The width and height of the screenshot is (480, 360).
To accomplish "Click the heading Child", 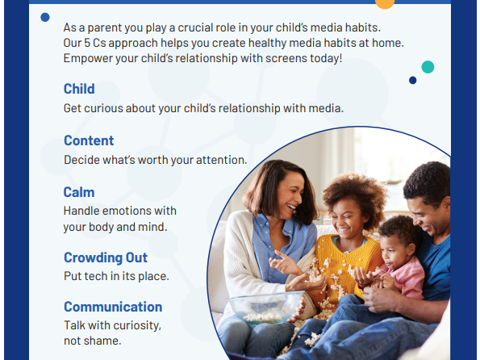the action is [x=79, y=89].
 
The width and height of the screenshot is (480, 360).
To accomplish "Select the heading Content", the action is [x=89, y=140].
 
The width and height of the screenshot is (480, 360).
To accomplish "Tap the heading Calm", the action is [x=79, y=192].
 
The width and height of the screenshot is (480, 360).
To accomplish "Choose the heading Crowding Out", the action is [x=106, y=257].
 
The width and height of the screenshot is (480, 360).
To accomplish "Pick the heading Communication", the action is [x=113, y=307].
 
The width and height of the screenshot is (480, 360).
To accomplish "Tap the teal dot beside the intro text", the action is [x=428, y=67].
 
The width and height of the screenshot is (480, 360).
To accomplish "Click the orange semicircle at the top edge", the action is [x=385, y=4].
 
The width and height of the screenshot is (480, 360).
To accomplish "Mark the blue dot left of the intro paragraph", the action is [x=45, y=17].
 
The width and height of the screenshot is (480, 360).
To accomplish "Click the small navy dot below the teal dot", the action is [x=413, y=80].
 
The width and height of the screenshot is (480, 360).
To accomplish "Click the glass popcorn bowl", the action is [x=265, y=308].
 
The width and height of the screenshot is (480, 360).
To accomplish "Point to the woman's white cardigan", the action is [x=239, y=254].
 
